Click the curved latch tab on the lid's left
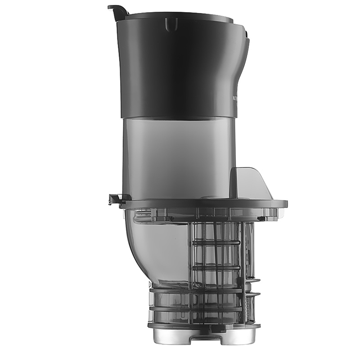point(116,9)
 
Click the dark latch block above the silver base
point(219,330)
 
